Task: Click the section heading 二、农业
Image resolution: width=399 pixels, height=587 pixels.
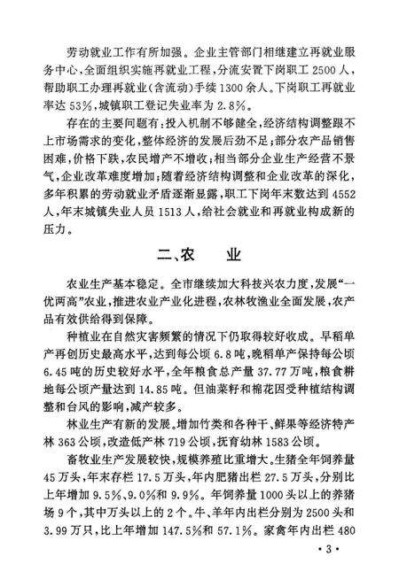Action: pyautogui.click(x=199, y=259)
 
